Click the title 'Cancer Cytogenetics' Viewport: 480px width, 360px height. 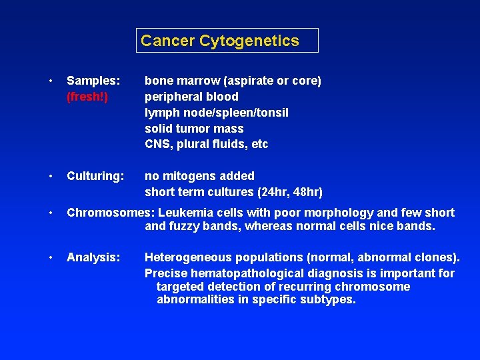[x=220, y=41]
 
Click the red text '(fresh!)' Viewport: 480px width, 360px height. [x=87, y=97]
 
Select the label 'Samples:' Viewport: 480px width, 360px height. [x=93, y=81]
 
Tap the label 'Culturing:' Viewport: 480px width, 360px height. [x=95, y=176]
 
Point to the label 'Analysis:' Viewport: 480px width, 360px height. [x=93, y=257]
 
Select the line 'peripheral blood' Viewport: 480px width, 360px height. [x=191, y=97]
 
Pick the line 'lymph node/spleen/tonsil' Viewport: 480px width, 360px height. [x=217, y=113]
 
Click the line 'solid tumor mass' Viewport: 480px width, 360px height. [x=194, y=129]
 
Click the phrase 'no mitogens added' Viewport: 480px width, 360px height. [x=199, y=176]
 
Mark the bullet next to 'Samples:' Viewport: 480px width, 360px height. [x=51, y=81]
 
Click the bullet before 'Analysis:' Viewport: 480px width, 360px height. [x=51, y=257]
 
